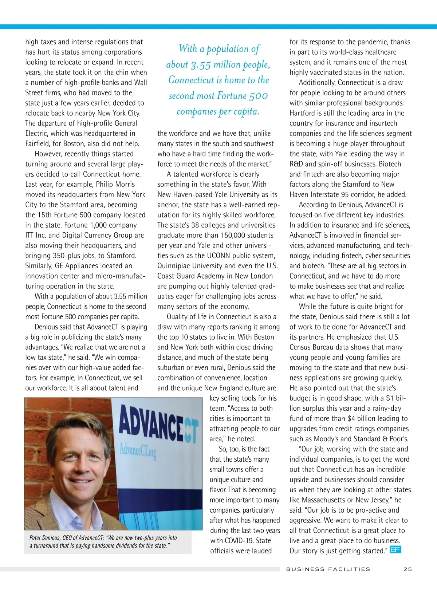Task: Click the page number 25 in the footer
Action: tap(408, 569)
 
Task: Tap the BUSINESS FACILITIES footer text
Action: tap(328, 569)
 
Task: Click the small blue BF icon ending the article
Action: tap(395, 549)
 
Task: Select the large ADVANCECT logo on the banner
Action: tap(158, 424)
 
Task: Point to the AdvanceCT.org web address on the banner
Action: tap(138, 451)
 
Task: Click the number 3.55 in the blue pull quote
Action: tap(201, 65)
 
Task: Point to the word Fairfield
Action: tap(39, 143)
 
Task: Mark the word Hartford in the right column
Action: tap(303, 113)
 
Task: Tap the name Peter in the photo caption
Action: tap(35, 538)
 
